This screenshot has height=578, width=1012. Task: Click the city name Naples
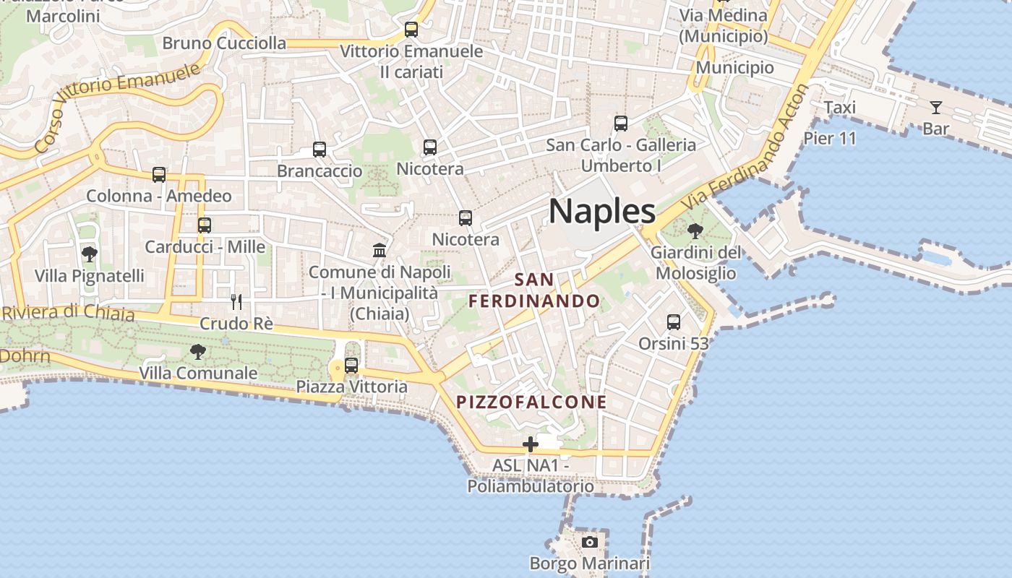tap(602, 212)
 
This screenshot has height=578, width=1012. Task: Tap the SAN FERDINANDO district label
tap(534, 290)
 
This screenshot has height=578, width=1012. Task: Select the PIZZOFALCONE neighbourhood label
tap(531, 402)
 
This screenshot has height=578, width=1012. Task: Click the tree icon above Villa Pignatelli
tap(90, 254)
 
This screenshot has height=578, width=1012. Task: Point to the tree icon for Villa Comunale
tap(197, 352)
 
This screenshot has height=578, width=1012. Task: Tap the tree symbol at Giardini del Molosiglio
tap(695, 232)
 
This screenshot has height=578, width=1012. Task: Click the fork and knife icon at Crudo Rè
tap(236, 301)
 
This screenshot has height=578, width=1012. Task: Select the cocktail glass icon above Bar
tap(936, 108)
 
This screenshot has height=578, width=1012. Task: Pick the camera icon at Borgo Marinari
tap(590, 542)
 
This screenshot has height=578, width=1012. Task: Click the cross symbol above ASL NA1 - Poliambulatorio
tap(531, 444)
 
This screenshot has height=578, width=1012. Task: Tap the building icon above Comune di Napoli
tap(379, 250)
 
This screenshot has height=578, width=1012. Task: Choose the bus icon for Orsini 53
tap(674, 322)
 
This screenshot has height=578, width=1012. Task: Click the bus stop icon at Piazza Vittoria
tap(351, 366)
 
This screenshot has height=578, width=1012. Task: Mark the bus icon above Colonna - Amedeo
tap(159, 174)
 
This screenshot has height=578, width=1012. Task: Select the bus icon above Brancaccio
tap(320, 150)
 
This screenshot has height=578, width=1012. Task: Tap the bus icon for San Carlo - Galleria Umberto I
tap(621, 123)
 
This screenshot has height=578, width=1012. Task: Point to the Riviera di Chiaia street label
tap(68, 313)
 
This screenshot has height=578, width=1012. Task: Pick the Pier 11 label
tap(830, 137)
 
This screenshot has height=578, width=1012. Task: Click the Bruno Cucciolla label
tap(224, 43)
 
